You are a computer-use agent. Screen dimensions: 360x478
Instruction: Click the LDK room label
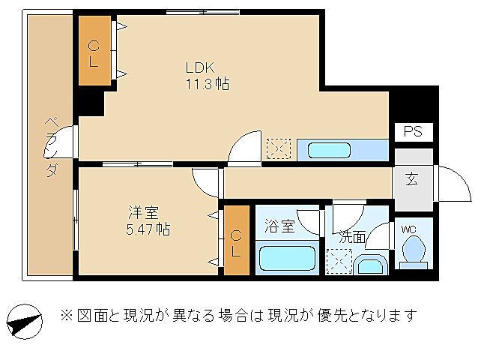coord(201,67)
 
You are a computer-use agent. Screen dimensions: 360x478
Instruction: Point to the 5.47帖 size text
coord(147,229)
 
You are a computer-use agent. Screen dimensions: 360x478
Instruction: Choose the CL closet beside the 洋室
coord(235,241)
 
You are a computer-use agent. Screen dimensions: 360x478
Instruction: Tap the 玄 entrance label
coord(413,179)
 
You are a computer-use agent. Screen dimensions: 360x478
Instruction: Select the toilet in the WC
coord(414,250)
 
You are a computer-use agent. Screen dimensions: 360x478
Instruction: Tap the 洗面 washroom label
coord(352,236)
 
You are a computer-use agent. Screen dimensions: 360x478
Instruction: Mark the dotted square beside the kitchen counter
coord(278,148)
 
